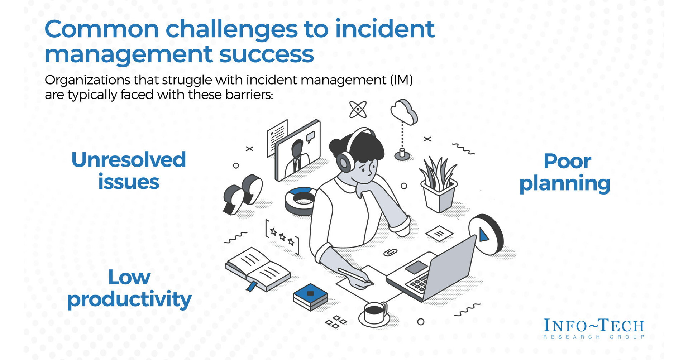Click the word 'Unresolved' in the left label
coord(129,160)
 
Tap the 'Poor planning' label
coord(565,172)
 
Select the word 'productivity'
coord(129,299)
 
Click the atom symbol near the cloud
coord(358,109)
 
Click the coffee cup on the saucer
coord(374,313)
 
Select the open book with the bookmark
coord(257,269)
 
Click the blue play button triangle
coord(484,235)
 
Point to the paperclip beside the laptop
coord(390,252)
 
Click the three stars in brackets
coord(282,237)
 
